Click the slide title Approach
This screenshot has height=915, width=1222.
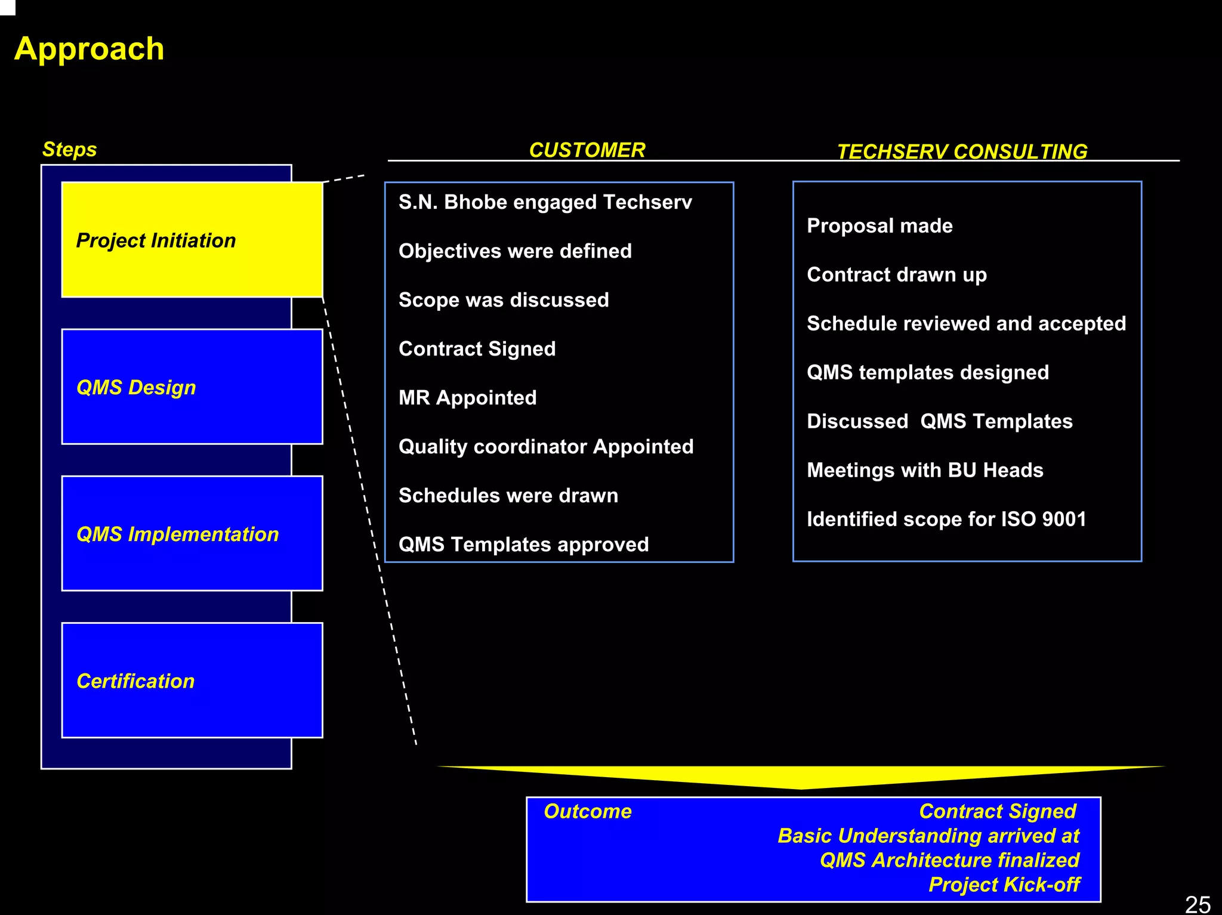[x=89, y=48]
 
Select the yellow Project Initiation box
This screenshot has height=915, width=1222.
[x=192, y=240]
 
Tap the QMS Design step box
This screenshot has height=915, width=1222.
[x=192, y=387]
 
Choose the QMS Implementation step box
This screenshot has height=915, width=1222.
[x=192, y=533]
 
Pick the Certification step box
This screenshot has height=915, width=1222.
[x=192, y=680]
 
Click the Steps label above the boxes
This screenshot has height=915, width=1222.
[x=69, y=149]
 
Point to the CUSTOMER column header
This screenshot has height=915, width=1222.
[x=587, y=150]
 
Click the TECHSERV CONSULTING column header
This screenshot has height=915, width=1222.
[x=962, y=152]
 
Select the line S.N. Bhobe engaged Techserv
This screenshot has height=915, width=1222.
[x=545, y=202]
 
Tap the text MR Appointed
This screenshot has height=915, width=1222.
[x=467, y=398]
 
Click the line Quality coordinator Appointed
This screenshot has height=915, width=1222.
[x=545, y=447]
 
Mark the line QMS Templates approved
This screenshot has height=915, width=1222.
[x=523, y=545]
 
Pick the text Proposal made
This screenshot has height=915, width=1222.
[x=880, y=226]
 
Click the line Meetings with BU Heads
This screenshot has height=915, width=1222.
[x=925, y=471]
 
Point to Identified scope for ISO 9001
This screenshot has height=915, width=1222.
[x=946, y=520]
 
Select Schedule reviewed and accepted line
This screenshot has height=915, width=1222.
[x=966, y=324]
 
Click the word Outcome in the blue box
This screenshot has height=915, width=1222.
[x=588, y=811]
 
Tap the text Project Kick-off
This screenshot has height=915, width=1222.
[x=1004, y=885]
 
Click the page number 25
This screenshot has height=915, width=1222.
[x=1197, y=904]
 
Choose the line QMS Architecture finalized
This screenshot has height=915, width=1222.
[x=949, y=860]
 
